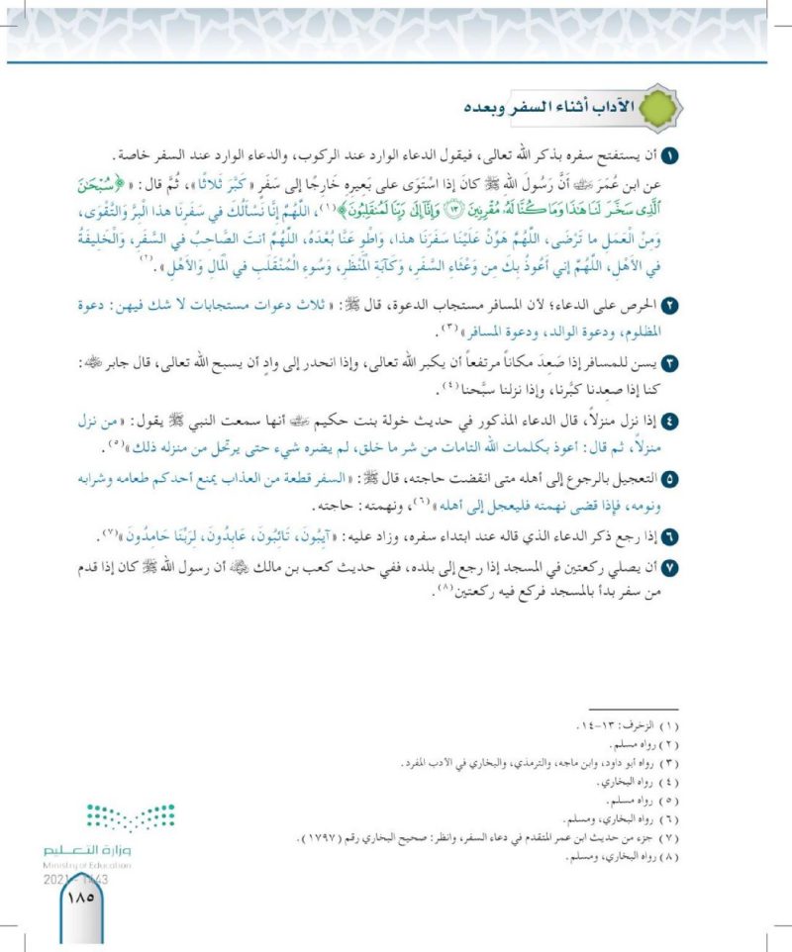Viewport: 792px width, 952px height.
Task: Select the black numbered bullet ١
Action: tap(670, 156)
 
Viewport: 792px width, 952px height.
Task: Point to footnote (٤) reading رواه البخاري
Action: tap(635, 783)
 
